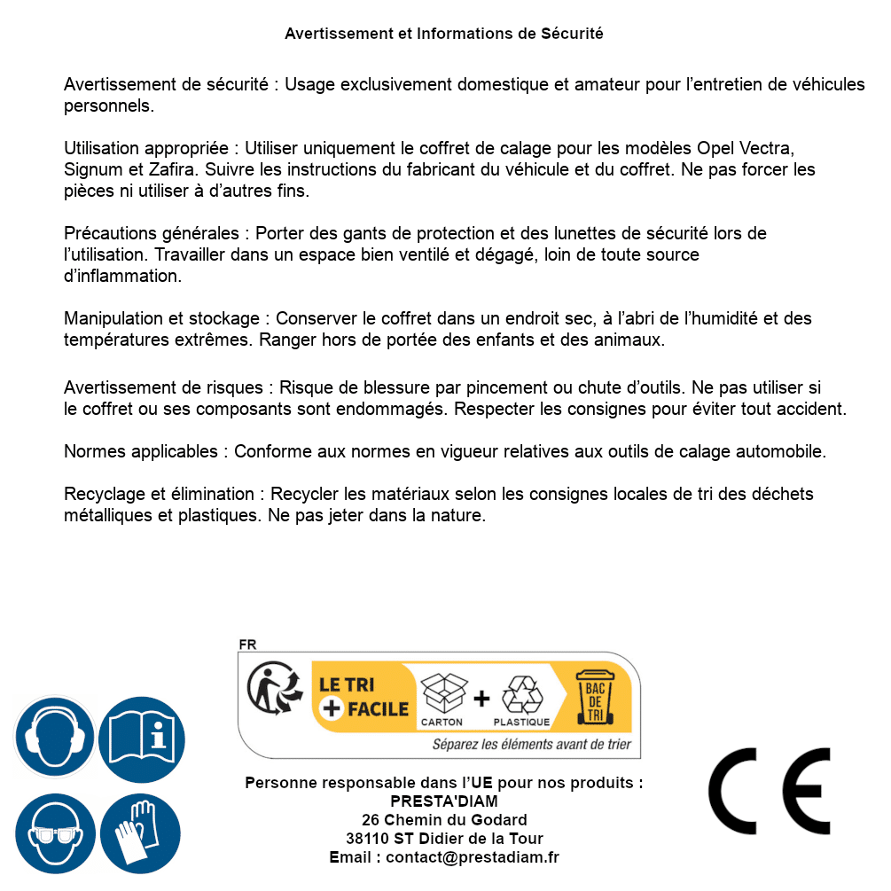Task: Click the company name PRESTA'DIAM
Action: pyautogui.click(x=443, y=801)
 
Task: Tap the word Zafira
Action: pyautogui.click(x=165, y=169)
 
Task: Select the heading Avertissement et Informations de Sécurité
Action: pyautogui.click(x=443, y=34)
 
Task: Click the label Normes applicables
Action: pyautogui.click(x=140, y=451)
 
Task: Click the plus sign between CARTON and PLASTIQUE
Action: pyautogui.click(x=481, y=698)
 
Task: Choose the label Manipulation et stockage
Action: pyautogui.click(x=164, y=318)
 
